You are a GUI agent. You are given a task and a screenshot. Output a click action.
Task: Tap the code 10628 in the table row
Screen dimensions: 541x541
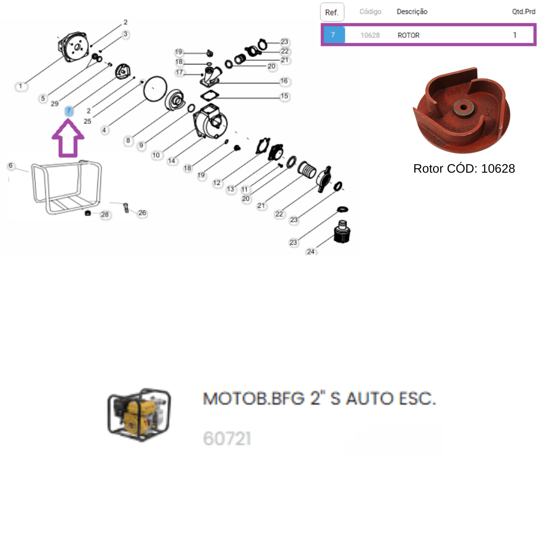(x=370, y=35)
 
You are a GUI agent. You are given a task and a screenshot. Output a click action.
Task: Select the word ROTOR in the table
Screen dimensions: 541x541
(x=408, y=35)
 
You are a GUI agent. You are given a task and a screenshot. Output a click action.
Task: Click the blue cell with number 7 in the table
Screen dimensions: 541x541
(x=334, y=35)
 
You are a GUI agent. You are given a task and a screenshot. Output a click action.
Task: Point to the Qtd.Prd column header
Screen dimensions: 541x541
(x=523, y=12)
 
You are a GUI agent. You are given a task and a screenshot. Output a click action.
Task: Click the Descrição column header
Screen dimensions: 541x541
(x=412, y=12)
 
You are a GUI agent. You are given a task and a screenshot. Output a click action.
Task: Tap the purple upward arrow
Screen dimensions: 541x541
(x=68, y=138)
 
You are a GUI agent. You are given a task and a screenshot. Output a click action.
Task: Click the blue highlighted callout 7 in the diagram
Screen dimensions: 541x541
(x=69, y=111)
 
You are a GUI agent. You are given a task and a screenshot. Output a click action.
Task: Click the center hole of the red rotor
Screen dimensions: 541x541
(x=463, y=107)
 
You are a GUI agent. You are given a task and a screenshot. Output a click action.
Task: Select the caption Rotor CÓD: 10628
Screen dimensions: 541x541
(x=464, y=169)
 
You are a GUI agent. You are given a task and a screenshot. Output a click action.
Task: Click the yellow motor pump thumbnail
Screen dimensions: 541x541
(x=139, y=415)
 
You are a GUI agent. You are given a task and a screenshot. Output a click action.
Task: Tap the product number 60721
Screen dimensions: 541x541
(x=227, y=438)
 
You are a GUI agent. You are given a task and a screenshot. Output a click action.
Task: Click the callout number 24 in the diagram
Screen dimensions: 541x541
(x=311, y=251)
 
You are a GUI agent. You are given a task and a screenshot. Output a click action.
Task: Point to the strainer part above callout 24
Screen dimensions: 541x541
(x=342, y=232)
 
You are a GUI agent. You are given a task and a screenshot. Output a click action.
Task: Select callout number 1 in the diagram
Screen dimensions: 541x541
(x=20, y=86)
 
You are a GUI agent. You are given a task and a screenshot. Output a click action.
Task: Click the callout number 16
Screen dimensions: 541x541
(x=284, y=81)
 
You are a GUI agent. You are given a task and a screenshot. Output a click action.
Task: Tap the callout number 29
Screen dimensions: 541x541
(x=55, y=104)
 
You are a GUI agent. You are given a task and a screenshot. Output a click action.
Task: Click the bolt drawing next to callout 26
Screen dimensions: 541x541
(x=126, y=208)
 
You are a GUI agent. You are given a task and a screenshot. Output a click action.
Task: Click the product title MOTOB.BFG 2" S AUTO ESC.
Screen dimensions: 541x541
(x=320, y=399)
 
